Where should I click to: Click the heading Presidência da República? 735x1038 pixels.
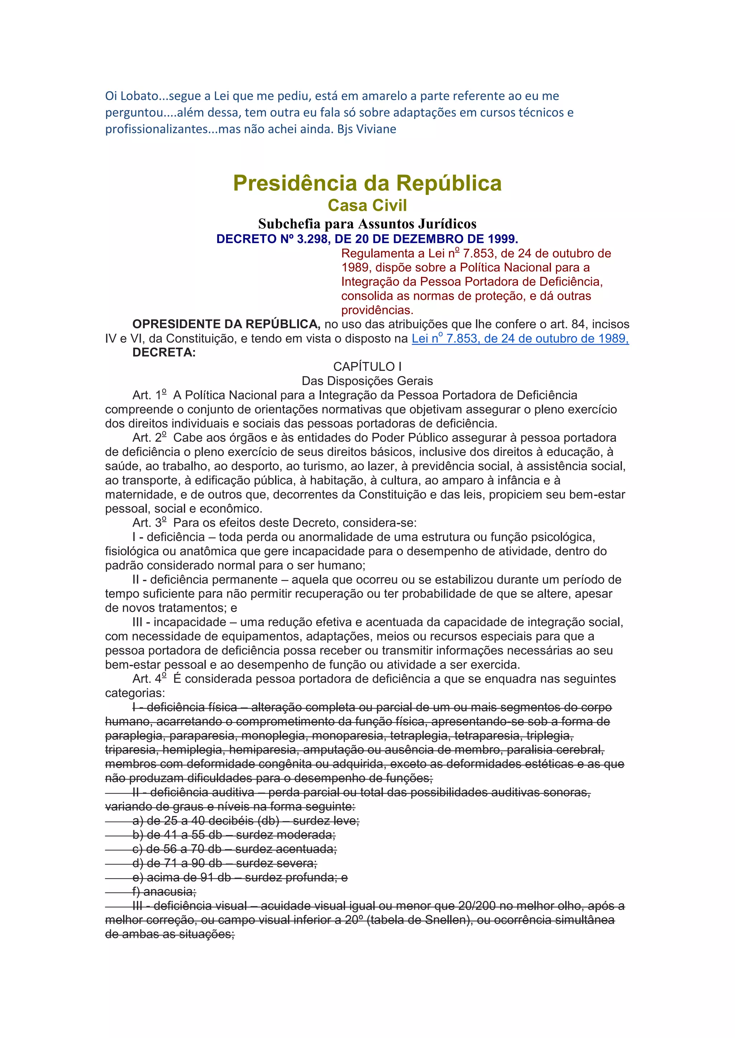pos(367,183)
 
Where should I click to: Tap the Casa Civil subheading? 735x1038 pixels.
pos(367,205)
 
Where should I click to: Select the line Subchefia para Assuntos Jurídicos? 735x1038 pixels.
pos(367,224)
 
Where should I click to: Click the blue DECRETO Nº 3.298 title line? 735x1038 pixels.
pos(367,239)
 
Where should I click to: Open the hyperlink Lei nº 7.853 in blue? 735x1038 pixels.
pos(520,339)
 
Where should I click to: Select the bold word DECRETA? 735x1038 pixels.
pos(164,353)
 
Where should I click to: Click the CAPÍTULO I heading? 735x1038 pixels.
pos(367,367)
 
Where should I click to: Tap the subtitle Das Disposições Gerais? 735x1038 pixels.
pos(367,381)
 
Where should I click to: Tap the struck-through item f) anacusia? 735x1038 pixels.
pos(164,892)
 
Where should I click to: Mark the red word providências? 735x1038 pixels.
pos(377,310)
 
